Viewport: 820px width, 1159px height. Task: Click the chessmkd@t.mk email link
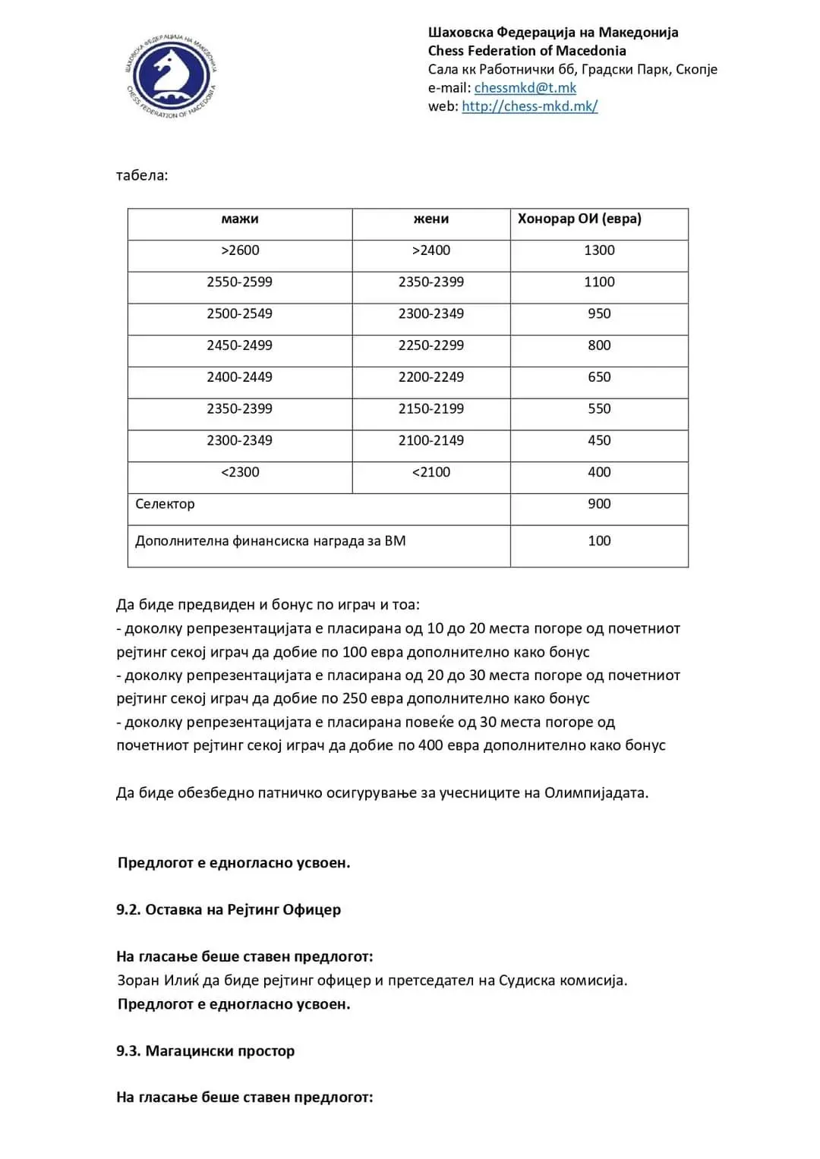coord(525,88)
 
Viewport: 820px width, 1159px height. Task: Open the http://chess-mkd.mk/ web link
coord(529,106)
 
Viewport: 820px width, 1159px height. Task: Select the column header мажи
coord(240,219)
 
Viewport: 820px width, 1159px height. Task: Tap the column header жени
coord(431,219)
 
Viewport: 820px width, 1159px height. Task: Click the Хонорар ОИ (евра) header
coord(579,219)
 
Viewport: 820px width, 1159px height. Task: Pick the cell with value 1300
coord(599,250)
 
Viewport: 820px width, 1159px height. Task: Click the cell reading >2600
coord(240,250)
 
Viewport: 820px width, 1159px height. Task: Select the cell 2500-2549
coord(240,314)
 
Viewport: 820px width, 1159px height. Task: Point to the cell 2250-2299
coord(431,345)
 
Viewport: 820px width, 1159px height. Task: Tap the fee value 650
coord(599,377)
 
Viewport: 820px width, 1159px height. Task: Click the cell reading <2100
coord(431,472)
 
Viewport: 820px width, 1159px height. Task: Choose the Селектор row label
coord(165,504)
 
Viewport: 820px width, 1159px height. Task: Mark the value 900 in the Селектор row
coord(599,504)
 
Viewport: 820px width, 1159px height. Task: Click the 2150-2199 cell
coord(431,409)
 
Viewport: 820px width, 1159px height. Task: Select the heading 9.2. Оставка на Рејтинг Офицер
coord(229,910)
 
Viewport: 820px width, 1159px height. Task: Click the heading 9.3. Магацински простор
coord(205,1051)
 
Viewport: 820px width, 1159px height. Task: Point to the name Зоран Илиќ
coord(158,981)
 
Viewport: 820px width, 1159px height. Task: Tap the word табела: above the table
coord(142,176)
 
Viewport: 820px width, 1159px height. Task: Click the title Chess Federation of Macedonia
coord(527,51)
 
